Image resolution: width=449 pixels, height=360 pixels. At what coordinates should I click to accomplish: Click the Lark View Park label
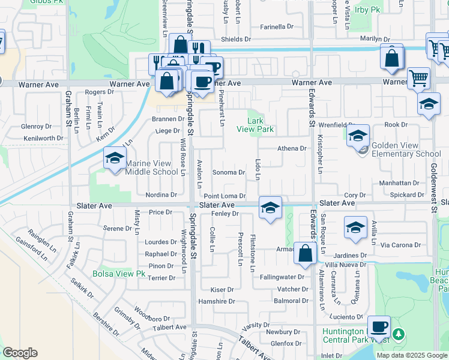click(x=255, y=125)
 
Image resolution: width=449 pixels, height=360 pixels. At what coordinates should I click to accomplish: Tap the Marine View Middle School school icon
click(x=112, y=158)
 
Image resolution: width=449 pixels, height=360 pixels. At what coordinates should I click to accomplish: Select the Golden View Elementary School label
click(x=406, y=149)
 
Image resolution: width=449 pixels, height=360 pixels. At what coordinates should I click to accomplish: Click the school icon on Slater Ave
click(x=270, y=208)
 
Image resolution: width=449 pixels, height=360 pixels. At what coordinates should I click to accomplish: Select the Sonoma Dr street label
click(x=229, y=173)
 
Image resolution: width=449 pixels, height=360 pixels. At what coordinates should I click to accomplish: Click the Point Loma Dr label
click(x=224, y=196)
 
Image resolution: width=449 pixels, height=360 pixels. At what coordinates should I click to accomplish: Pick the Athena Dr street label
click(x=292, y=148)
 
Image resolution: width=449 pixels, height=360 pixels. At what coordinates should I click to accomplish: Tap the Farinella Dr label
click(x=277, y=27)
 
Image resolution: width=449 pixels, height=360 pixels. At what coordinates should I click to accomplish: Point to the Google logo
click(x=20, y=353)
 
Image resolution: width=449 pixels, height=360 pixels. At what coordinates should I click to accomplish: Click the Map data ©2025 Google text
click(x=411, y=355)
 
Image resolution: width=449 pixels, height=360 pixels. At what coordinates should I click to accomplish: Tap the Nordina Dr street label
click(x=161, y=195)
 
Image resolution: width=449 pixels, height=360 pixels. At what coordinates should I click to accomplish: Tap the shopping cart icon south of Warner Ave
click(x=418, y=77)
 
